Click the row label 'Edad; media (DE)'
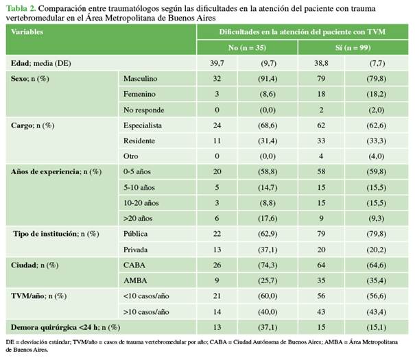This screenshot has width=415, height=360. tap(40, 63)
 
